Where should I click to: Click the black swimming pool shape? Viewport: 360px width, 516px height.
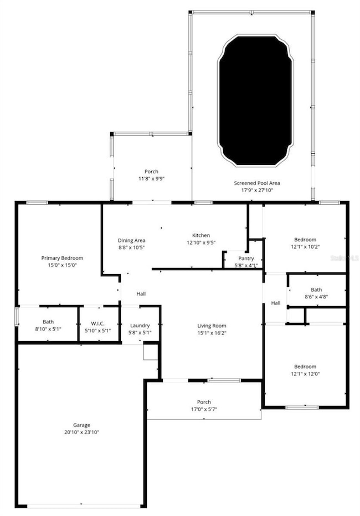255,100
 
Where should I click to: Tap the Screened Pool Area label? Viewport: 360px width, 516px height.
256,183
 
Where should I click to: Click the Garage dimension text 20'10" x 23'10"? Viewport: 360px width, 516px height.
81,432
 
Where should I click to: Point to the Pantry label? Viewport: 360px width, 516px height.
246,259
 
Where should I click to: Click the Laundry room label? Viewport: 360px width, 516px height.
140,326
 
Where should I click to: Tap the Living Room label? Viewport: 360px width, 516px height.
212,326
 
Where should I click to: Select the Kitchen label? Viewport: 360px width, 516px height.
201,235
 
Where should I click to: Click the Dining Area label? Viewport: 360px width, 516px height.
131,240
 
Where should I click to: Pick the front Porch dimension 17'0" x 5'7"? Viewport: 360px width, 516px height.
204,409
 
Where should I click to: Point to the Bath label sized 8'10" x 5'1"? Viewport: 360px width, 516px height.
48,322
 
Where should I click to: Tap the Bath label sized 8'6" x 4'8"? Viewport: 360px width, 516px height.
316,290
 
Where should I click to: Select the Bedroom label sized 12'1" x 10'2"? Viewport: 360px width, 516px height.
305,240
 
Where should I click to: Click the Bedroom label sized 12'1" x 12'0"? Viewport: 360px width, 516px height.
305,367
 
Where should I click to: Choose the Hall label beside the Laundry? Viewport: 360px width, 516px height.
141,293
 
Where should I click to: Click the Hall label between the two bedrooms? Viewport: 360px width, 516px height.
276,303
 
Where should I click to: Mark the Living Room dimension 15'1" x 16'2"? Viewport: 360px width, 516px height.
212,333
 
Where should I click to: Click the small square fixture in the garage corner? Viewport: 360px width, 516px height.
150,352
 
